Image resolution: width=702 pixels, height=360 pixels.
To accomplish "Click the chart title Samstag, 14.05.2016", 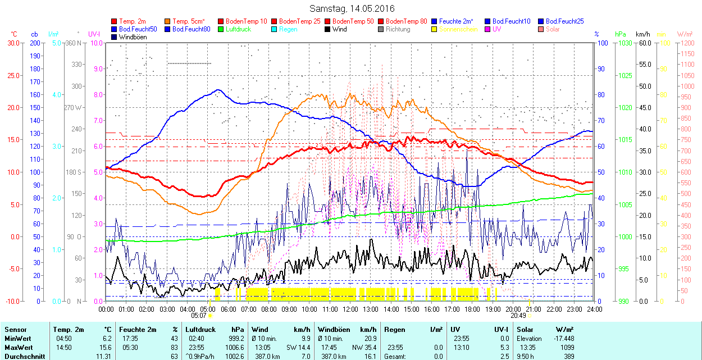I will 352,8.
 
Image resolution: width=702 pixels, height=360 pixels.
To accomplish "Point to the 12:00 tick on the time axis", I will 350,309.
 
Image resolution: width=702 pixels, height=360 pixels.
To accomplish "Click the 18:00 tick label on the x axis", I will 472,309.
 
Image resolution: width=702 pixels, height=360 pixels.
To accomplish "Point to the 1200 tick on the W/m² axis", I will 687,53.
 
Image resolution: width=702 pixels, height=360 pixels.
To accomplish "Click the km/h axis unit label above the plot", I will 643,34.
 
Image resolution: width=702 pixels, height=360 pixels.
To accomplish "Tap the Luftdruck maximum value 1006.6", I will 234,348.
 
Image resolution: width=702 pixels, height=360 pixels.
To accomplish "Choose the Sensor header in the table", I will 15,330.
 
